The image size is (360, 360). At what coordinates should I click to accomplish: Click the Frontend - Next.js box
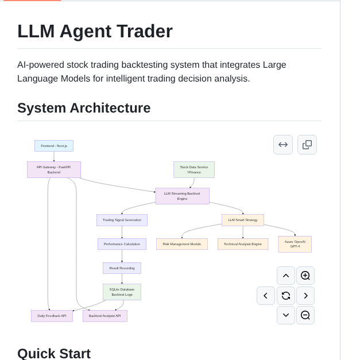click(x=54, y=146)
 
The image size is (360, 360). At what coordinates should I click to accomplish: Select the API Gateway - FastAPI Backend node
click(x=54, y=169)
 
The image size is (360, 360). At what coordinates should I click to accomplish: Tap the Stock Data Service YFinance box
click(x=194, y=169)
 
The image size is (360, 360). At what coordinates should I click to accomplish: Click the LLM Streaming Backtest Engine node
click(x=182, y=196)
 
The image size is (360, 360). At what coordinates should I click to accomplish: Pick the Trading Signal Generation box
click(x=122, y=220)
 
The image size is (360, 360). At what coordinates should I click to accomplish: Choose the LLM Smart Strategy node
click(x=243, y=220)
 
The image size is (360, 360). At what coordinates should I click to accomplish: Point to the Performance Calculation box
click(x=122, y=244)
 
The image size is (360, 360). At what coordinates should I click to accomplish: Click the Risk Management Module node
click(x=182, y=244)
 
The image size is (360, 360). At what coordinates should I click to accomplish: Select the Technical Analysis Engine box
click(x=243, y=244)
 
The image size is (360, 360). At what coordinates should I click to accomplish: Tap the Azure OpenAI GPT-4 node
click(x=295, y=244)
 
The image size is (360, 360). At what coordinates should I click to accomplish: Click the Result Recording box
click(x=122, y=268)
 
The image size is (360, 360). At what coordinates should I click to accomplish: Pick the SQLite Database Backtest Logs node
click(x=122, y=292)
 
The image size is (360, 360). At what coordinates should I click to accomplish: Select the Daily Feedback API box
click(x=52, y=316)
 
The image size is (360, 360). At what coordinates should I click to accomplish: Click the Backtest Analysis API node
click(x=105, y=316)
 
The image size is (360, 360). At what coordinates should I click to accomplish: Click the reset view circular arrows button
click(x=286, y=296)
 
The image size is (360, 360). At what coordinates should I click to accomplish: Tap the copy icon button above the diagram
click(x=307, y=145)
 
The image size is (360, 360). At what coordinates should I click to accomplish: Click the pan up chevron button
click(x=286, y=276)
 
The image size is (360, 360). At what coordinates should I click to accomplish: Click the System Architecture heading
click(x=84, y=108)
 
